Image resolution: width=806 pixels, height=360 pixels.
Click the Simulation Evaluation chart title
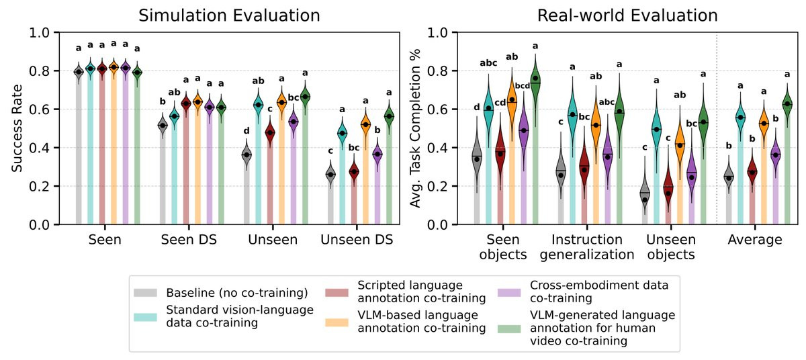[x=224, y=15]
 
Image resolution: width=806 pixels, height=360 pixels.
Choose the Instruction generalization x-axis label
[x=592, y=247]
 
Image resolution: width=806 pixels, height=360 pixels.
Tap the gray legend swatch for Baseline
[x=147, y=293]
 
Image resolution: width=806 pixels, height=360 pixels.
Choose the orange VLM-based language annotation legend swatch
[x=334, y=322]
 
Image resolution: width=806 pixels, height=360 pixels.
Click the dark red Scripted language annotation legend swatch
[x=334, y=293]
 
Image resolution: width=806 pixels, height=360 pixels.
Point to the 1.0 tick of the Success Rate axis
[x=40, y=32]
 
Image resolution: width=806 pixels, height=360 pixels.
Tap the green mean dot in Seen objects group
[x=535, y=79]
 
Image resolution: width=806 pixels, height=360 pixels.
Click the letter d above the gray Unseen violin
[x=246, y=130]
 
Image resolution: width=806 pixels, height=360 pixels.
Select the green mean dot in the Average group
[x=787, y=103]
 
